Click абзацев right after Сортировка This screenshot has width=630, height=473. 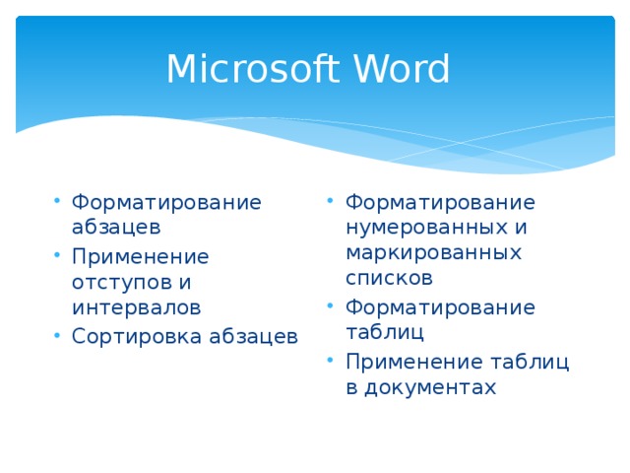[x=253, y=336]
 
